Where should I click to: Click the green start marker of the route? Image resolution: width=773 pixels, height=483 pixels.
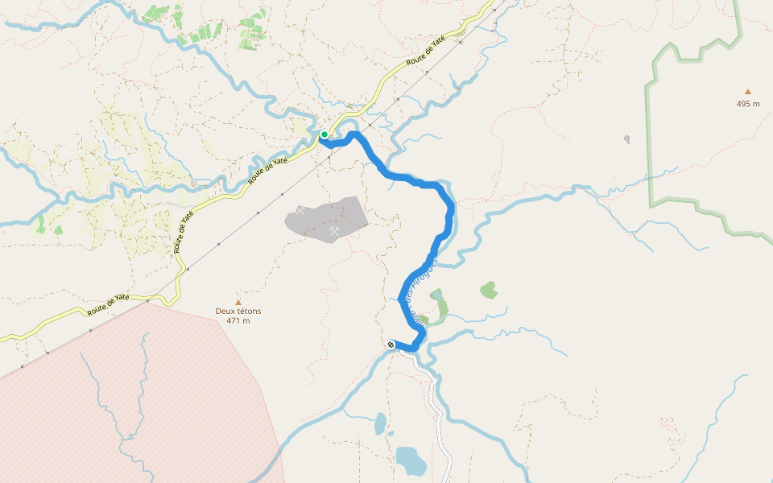(324, 134)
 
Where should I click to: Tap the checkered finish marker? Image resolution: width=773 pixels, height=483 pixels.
(391, 345)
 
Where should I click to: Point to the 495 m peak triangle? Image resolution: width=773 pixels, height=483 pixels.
(748, 92)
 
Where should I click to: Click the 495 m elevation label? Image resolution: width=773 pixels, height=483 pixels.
(748, 104)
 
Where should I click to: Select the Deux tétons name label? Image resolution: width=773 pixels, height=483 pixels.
(238, 312)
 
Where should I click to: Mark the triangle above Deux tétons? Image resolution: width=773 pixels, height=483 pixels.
(238, 302)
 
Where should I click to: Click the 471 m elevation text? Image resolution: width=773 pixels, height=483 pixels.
(238, 321)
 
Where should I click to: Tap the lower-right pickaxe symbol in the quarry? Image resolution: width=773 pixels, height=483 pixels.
(334, 231)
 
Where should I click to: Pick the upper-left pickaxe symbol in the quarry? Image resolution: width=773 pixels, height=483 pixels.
(301, 211)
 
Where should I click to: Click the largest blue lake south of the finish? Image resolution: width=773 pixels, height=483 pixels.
(411, 460)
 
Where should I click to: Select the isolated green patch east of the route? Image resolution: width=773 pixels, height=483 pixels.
(489, 289)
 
